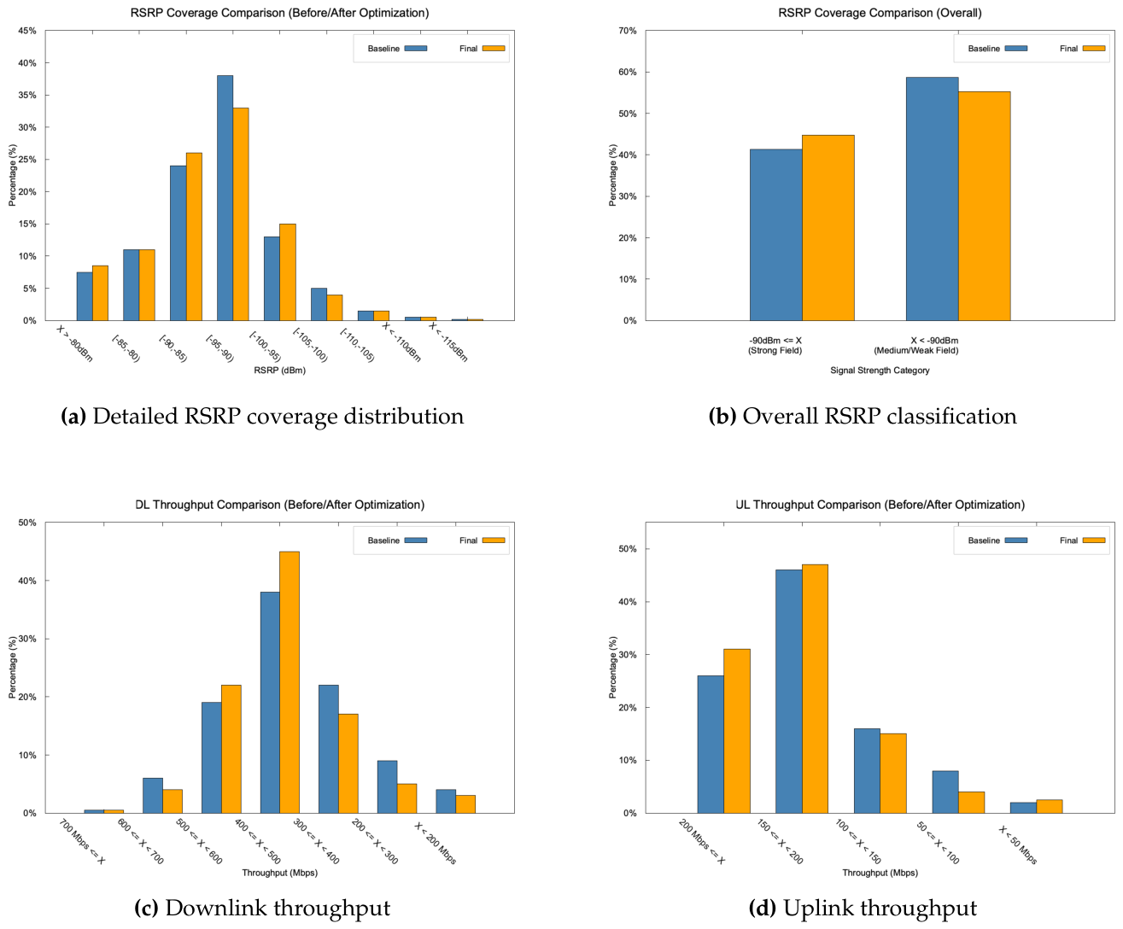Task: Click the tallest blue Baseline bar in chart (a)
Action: [225, 198]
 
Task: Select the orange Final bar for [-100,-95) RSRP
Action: [288, 272]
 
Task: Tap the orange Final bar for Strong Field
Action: [828, 228]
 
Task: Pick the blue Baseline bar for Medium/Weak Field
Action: [932, 199]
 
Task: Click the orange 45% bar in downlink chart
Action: [290, 682]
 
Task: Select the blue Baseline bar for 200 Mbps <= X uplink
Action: [711, 744]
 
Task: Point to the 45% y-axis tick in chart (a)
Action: [27, 31]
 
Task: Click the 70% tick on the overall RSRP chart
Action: [627, 31]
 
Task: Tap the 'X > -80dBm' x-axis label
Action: [74, 343]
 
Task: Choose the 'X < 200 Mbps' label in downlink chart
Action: [435, 843]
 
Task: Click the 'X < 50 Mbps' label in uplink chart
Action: [1018, 844]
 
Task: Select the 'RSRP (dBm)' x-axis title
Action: [279, 370]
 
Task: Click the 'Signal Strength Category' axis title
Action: [880, 370]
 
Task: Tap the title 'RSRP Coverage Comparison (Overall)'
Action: [880, 13]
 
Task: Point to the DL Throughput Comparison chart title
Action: [279, 505]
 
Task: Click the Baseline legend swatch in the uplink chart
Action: [1016, 540]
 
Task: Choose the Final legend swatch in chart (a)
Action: [494, 49]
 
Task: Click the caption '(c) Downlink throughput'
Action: [262, 908]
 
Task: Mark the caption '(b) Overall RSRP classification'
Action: [863, 417]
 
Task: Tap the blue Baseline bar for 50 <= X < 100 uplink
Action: [945, 792]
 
